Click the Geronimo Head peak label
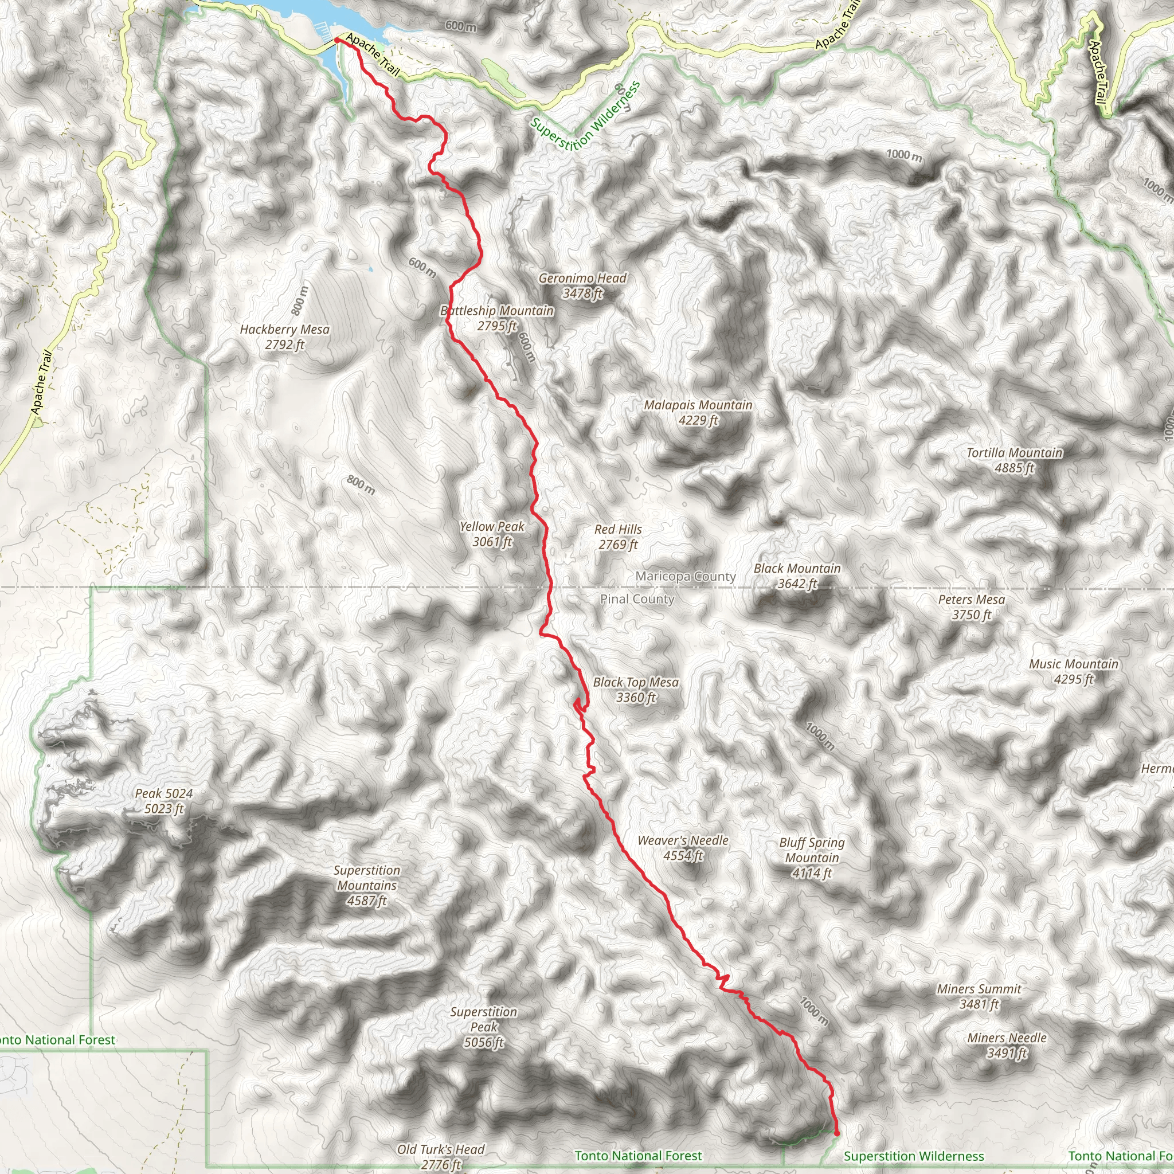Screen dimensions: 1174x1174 pyautogui.click(x=582, y=285)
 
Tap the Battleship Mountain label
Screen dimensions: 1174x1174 pyautogui.click(x=497, y=318)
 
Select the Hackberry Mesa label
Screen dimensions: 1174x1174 pyautogui.click(x=284, y=337)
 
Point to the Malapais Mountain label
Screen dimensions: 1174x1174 pyautogui.click(x=698, y=413)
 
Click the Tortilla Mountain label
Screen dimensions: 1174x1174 pyautogui.click(x=1014, y=460)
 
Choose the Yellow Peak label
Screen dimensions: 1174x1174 pyautogui.click(x=492, y=534)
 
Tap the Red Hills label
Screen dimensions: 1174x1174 pyautogui.click(x=618, y=537)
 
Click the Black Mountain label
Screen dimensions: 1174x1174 pyautogui.click(x=797, y=576)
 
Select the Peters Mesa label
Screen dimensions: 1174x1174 pyautogui.click(x=971, y=607)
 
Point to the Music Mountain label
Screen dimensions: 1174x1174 pyautogui.click(x=1073, y=671)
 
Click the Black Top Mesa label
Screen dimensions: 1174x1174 pyautogui.click(x=636, y=690)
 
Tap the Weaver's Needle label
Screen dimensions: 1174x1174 pyautogui.click(x=683, y=848)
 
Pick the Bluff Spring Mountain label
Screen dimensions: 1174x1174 pyautogui.click(x=812, y=858)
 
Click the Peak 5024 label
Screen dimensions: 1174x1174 pyautogui.click(x=163, y=801)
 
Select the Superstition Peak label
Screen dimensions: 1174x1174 pyautogui.click(x=484, y=1027)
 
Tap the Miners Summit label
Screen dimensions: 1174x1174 pyautogui.click(x=979, y=996)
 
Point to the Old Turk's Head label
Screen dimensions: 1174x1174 pyautogui.click(x=441, y=1156)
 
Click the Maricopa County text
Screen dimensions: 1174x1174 pyautogui.click(x=686, y=576)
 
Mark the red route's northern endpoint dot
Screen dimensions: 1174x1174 pyautogui.click(x=336, y=40)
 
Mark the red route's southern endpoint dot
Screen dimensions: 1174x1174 pyautogui.click(x=837, y=1133)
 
